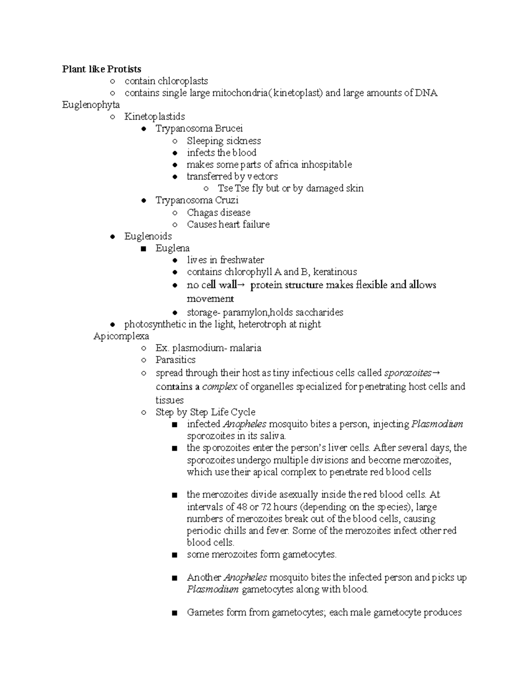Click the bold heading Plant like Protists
click(x=102, y=69)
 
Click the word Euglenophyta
click(x=91, y=105)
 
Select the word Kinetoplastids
click(x=155, y=117)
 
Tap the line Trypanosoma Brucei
click(x=199, y=129)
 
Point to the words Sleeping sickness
click(x=223, y=141)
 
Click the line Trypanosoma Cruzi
click(x=197, y=200)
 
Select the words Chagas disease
click(x=218, y=212)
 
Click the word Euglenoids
click(x=148, y=236)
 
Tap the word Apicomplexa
click(x=121, y=336)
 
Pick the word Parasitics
click(x=175, y=360)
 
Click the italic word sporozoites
click(x=408, y=373)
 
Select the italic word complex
click(x=220, y=387)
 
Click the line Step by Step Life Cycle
click(x=205, y=412)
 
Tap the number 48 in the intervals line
click(x=242, y=507)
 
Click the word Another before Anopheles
click(x=204, y=577)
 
